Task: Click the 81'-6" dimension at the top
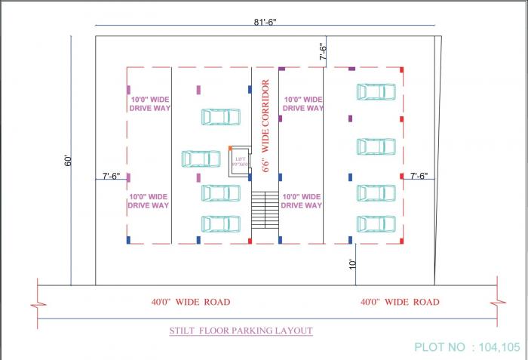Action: pos(265,22)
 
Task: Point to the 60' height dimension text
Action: pos(67,161)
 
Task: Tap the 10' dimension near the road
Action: pos(351,264)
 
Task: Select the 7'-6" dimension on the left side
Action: pos(111,177)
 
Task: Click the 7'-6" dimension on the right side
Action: pos(419,177)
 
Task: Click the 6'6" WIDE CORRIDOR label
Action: pos(266,126)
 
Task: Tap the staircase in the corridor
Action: pos(265,211)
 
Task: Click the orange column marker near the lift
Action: pos(230,148)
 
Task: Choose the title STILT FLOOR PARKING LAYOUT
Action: pos(241,331)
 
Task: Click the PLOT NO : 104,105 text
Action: pos(467,347)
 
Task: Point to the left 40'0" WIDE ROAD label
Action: pos(190,302)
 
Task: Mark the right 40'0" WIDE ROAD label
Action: pos(399,302)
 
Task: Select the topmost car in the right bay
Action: pos(376,92)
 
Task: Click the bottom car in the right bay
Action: pos(376,224)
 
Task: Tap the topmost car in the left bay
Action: pos(220,117)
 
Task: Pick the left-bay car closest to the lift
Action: pos(201,159)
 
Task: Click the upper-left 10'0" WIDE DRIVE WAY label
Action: pos(149,104)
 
